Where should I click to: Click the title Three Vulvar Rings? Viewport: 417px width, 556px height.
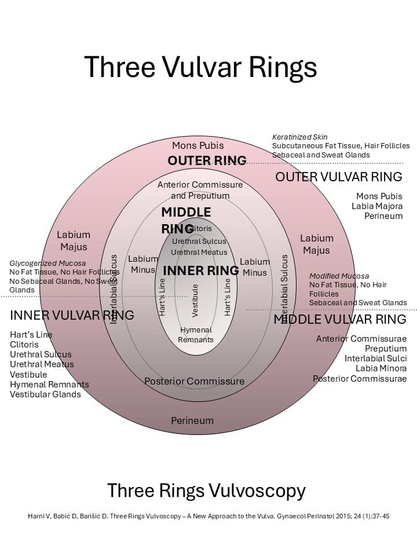200,67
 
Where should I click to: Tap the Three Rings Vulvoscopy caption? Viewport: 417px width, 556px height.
206,491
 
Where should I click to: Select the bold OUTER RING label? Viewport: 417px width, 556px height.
207,160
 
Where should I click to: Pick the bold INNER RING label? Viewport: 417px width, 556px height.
201,270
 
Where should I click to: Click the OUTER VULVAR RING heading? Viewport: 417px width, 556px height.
339,177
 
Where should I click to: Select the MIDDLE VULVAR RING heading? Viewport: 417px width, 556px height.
340,319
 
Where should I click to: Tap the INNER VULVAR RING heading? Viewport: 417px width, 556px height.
72,315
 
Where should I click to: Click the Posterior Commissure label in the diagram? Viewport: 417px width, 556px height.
195,381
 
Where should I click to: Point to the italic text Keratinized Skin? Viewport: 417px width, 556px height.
300,137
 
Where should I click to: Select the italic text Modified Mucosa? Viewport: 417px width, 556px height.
339,276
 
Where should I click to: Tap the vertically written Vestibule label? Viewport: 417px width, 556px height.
195,300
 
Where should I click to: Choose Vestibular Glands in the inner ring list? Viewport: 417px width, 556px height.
45,394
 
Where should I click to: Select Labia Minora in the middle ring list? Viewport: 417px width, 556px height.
381,368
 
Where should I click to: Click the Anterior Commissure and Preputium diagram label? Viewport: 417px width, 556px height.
200,190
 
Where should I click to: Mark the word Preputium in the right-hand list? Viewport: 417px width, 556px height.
386,349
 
